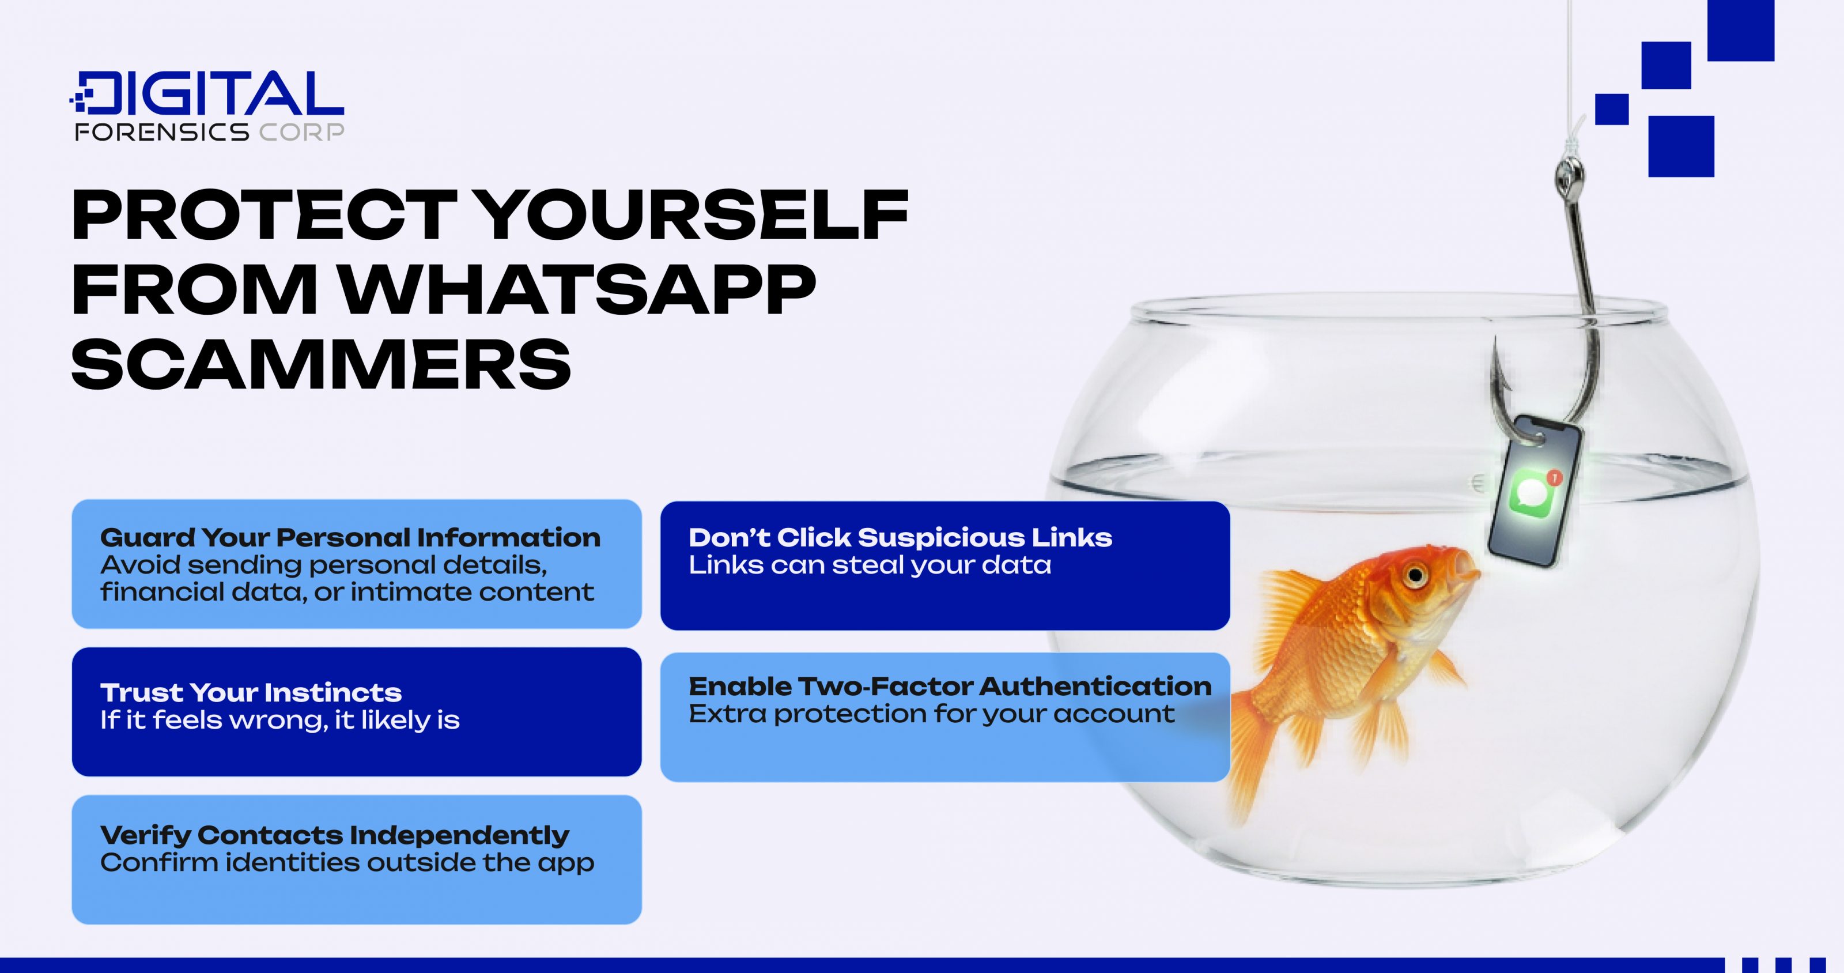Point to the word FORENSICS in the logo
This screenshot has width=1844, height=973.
pos(162,132)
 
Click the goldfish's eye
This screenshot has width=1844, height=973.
pos(1415,575)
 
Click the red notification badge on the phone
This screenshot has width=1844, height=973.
pos(1554,477)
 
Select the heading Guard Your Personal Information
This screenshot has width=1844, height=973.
pos(350,538)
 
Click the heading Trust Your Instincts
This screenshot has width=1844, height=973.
pos(251,692)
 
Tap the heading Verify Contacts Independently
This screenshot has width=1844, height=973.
pos(334,835)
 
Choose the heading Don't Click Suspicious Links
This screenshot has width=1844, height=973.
pos(900,538)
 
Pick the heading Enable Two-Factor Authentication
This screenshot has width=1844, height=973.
pos(949,687)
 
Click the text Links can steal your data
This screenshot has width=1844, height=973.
pos(870,565)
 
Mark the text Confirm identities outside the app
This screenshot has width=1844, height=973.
pos(346,863)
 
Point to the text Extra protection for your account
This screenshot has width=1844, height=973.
pos(931,714)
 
